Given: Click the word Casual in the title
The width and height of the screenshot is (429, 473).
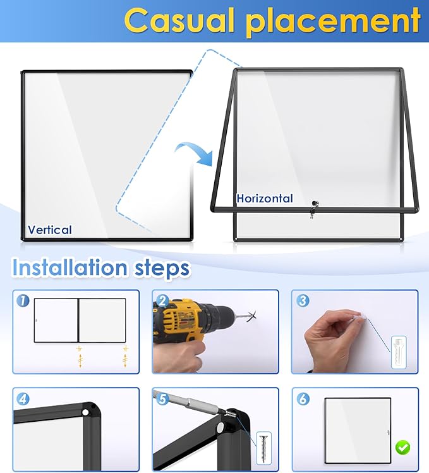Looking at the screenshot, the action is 179,20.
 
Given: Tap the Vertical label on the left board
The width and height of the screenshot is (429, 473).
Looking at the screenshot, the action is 50,230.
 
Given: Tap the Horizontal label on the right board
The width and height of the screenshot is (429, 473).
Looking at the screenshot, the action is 265,198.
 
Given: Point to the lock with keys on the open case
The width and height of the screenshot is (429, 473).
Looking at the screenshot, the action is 314,208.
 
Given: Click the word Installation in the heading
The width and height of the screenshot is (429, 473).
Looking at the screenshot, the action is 69,267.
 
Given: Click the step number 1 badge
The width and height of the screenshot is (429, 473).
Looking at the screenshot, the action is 23,301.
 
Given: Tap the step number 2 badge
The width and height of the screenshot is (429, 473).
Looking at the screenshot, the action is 163,301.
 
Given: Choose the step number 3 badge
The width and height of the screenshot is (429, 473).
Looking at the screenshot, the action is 303,301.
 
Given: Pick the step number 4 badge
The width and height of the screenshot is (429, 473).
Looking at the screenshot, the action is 23,399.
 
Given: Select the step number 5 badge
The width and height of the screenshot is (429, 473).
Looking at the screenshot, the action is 163,399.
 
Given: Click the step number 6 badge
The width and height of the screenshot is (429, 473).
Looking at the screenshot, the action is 303,399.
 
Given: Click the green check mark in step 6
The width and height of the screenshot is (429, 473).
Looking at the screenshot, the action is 402,447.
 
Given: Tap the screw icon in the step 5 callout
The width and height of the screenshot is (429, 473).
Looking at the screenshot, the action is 263,448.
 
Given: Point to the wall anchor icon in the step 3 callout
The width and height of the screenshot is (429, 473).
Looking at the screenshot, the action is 399,352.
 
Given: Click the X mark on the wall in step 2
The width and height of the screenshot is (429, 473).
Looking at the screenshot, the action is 251,316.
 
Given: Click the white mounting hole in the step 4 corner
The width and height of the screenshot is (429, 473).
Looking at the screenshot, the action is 86,412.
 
